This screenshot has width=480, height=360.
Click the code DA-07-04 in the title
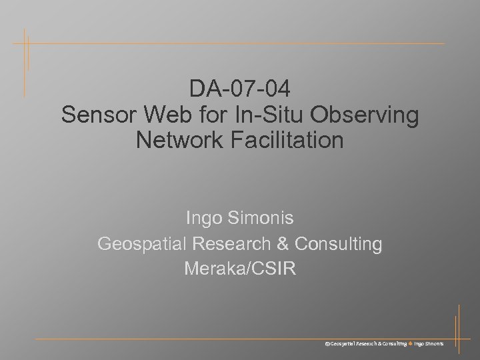[239, 89]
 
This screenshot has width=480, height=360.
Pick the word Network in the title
[177, 140]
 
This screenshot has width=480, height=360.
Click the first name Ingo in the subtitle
[204, 219]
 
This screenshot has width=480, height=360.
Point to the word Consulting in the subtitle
[338, 245]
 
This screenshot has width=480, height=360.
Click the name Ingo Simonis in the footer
[433, 343]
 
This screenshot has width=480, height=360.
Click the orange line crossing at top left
[25, 43]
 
